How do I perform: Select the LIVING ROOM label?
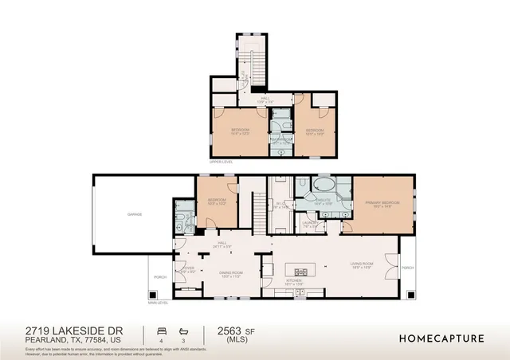(363, 266)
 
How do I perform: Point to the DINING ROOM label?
(231, 273)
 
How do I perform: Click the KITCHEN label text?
(295, 281)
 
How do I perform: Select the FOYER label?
(188, 268)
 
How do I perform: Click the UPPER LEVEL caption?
(221, 161)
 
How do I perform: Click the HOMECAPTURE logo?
(441, 338)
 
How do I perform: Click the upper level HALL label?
(265, 100)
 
